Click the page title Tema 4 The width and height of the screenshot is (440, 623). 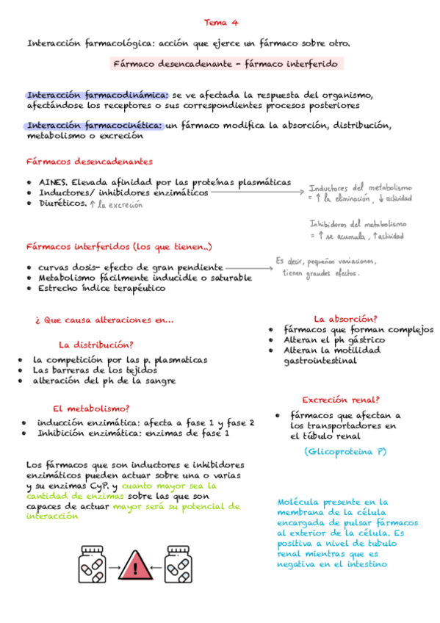pyautogui.click(x=220, y=22)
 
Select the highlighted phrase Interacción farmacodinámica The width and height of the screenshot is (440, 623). pyautogui.click(x=97, y=95)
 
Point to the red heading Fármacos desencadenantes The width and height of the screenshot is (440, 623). pyautogui.click(x=90, y=162)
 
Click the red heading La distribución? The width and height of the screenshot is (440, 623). pyautogui.click(x=95, y=345)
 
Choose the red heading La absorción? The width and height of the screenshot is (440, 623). pyautogui.click(x=345, y=319)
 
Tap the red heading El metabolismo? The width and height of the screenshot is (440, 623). pyautogui.click(x=91, y=408)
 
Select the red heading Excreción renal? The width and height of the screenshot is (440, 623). pyautogui.click(x=340, y=400)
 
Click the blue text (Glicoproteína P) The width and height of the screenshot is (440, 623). pyautogui.click(x=345, y=451)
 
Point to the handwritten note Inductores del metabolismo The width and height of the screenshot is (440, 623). pyautogui.click(x=360, y=187)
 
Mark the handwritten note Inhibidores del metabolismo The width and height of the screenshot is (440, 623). pyautogui.click(x=358, y=224)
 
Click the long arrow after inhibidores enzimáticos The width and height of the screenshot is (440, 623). pyautogui.click(x=257, y=192)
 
